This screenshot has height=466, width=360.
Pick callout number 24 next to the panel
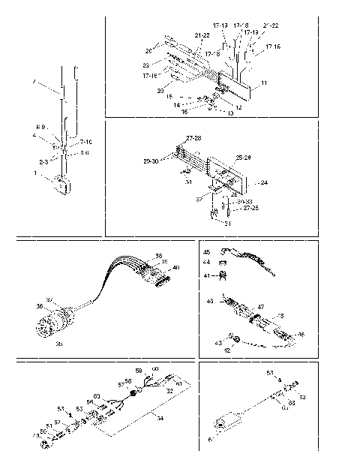(x=263, y=182)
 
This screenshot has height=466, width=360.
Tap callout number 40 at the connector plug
(x=176, y=268)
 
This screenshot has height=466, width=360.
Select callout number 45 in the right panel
(x=205, y=253)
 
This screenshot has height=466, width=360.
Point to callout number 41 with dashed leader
(x=205, y=276)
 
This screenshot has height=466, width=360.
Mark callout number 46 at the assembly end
(x=301, y=334)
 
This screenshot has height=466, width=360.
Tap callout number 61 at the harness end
(x=179, y=383)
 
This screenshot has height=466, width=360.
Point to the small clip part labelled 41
(x=222, y=275)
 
